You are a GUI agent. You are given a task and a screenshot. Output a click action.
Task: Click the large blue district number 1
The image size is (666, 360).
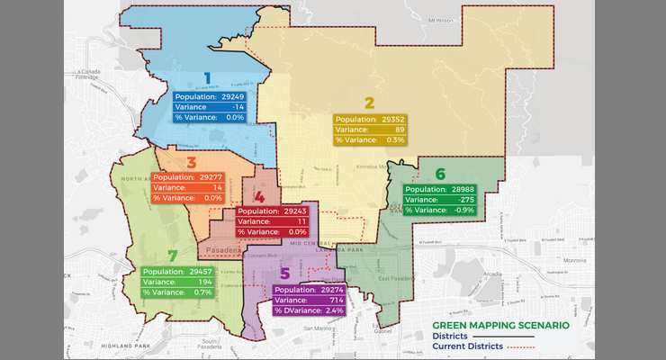pyautogui.click(x=207, y=78)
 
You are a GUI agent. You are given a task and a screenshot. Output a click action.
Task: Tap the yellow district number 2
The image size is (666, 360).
pyautogui.click(x=369, y=103)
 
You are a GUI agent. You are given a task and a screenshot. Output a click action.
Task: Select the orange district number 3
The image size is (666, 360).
pyautogui.click(x=191, y=163)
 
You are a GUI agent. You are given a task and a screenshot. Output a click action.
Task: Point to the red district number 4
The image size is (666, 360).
pyautogui.click(x=259, y=196)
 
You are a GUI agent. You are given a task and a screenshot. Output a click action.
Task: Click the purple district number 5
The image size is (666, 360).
pyautogui.click(x=285, y=274)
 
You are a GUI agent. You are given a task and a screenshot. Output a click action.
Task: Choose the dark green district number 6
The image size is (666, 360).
pyautogui.click(x=440, y=174)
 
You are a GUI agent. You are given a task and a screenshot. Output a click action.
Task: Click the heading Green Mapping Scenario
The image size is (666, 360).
pyautogui.click(x=500, y=325)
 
